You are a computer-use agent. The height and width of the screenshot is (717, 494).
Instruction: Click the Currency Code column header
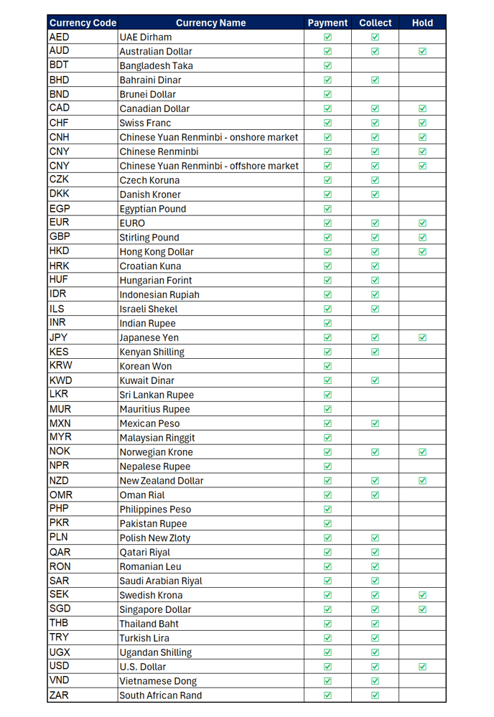click(83, 23)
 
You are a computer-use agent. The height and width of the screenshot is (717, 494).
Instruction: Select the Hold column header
click(422, 23)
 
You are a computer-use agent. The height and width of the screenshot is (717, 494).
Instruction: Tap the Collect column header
click(375, 23)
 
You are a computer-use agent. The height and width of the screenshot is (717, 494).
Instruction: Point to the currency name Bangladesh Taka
click(156, 65)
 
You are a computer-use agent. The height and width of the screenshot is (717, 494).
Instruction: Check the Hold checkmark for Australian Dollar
click(422, 51)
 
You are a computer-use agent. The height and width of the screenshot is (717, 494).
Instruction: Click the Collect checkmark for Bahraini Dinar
click(375, 80)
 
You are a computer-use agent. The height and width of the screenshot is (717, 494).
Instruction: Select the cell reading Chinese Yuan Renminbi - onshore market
click(208, 137)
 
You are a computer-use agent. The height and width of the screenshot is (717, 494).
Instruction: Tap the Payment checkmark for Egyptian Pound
click(327, 209)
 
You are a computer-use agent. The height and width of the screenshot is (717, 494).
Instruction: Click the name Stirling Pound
click(149, 238)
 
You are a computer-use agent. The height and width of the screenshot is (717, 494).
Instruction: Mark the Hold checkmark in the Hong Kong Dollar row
click(422, 251)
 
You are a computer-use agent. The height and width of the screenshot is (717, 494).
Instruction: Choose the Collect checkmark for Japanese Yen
click(375, 337)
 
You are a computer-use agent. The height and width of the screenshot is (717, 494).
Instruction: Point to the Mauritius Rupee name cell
click(154, 409)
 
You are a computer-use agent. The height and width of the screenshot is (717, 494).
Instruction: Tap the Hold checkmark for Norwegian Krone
click(422, 452)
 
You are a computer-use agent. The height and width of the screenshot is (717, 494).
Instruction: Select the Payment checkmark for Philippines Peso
click(327, 509)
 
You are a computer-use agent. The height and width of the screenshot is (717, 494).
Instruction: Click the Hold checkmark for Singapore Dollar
click(422, 609)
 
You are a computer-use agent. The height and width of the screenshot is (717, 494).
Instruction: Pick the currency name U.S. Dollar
click(142, 667)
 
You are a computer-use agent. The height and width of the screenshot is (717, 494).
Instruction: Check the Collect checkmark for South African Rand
click(375, 695)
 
